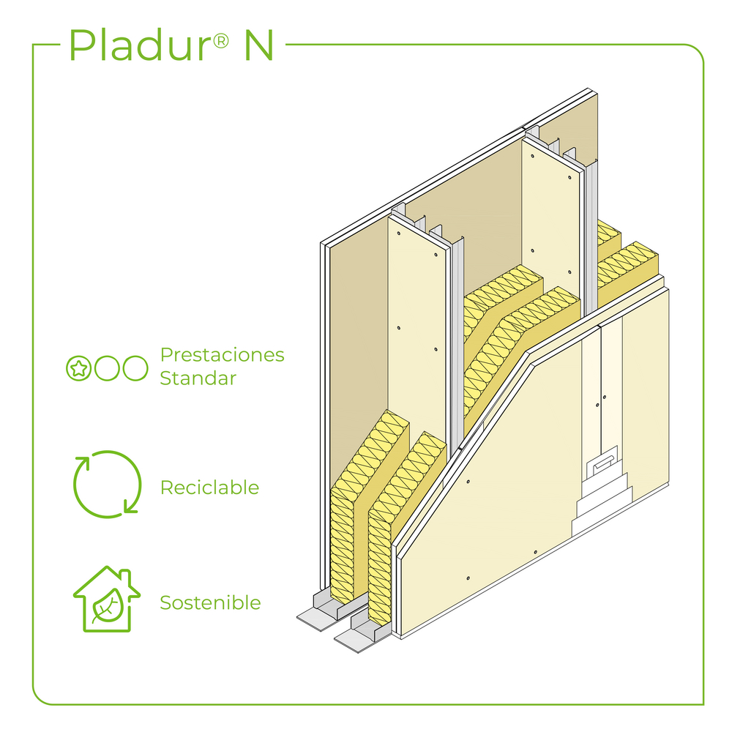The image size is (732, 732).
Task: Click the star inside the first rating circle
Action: tap(78, 368)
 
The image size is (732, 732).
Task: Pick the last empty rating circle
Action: tap(135, 368)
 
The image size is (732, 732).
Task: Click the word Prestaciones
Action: tap(222, 356)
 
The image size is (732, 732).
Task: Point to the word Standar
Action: tap(198, 378)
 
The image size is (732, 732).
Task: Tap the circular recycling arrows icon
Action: tap(107, 483)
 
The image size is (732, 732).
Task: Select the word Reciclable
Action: tap(209, 488)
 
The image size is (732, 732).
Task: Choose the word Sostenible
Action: tap(210, 603)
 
